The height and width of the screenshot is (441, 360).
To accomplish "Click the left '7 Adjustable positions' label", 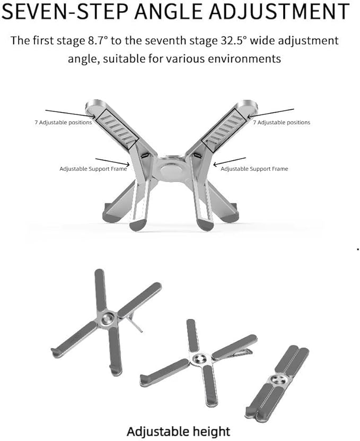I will coord(63,123).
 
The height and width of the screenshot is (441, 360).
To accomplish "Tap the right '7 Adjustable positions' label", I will coord(282,123).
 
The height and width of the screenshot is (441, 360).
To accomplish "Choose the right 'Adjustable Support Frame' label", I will coord(254,169).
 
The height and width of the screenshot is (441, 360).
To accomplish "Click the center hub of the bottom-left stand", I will coord(108,318).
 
